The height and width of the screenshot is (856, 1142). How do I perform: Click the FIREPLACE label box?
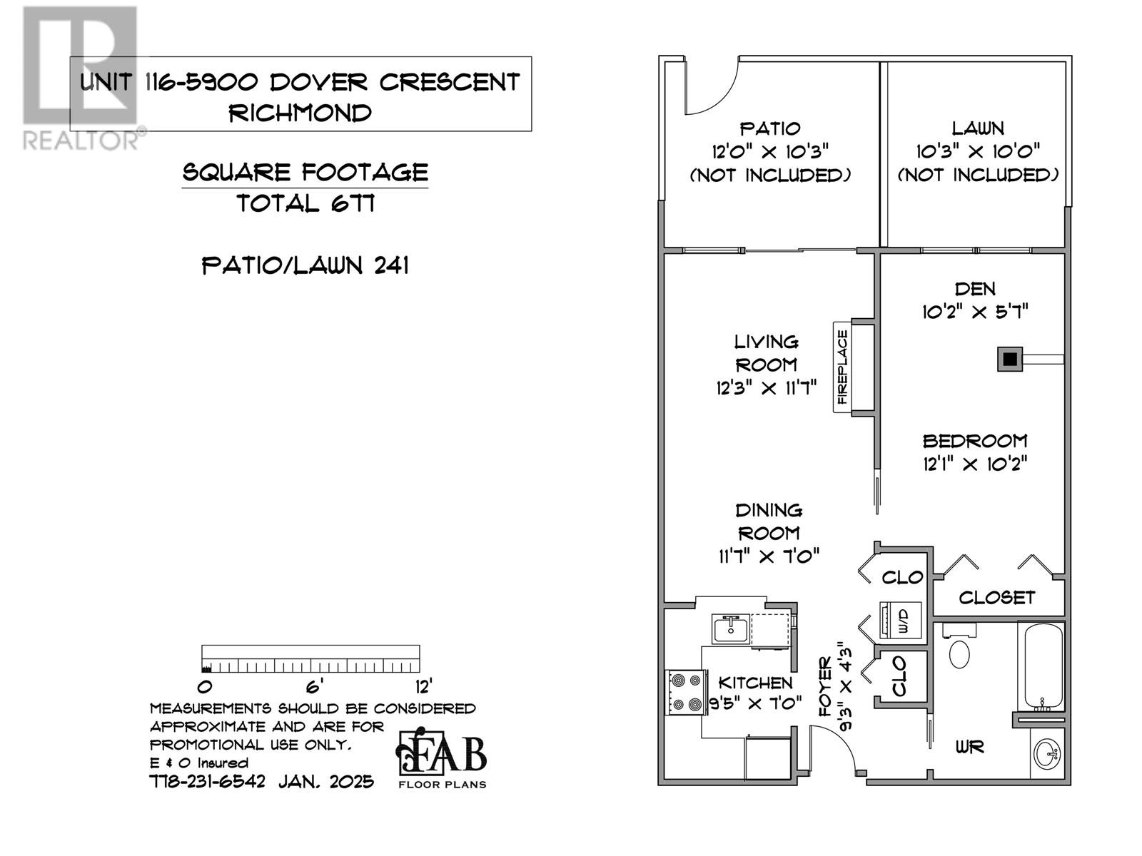pos(843,367)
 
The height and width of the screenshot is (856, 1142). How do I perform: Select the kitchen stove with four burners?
pos(686,692)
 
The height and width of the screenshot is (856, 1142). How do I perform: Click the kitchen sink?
pos(730,630)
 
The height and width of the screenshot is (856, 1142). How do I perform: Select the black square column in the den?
pos(1009,360)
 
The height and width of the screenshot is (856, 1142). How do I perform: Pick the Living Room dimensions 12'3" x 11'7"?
pos(767,388)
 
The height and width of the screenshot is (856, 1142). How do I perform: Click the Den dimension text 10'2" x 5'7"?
pos(975,312)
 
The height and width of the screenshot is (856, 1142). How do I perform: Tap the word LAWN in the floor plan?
pos(978,128)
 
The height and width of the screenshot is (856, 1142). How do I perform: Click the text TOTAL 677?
pos(305,204)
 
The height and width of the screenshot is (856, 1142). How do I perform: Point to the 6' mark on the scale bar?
pos(314,686)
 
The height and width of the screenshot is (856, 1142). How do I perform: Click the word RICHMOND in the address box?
pos(300,113)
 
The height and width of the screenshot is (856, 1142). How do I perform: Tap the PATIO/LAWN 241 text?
pos(305,266)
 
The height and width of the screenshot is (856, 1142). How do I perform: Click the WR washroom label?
pos(970,747)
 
